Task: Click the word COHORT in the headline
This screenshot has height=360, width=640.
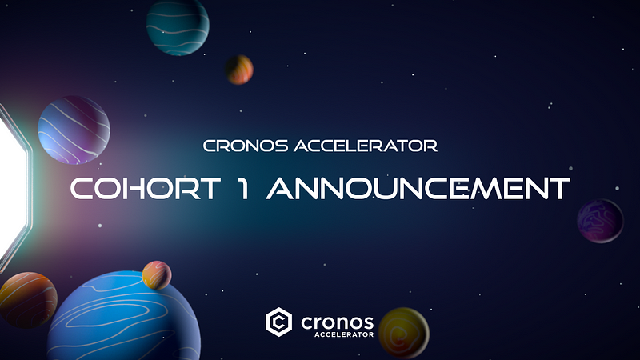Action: (x=146, y=188)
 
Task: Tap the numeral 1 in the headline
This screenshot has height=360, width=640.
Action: (x=244, y=188)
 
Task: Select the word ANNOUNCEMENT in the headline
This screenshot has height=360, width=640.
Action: (x=418, y=188)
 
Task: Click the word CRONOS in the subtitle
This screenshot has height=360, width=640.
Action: (x=246, y=146)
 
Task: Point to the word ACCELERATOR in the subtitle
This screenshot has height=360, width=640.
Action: (x=366, y=146)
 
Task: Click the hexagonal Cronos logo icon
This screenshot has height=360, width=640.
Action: (x=278, y=322)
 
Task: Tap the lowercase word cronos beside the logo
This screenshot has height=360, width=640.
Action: (x=337, y=322)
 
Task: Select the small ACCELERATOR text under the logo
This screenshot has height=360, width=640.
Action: (x=344, y=334)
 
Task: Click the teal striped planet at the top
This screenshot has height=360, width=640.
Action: (x=178, y=27)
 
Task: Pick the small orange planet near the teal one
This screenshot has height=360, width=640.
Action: (x=239, y=70)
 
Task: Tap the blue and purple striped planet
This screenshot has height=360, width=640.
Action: (x=74, y=130)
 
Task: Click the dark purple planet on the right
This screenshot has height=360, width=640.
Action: (x=600, y=221)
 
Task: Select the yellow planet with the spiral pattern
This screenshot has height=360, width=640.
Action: (x=404, y=333)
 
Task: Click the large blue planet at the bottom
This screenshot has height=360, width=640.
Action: (x=124, y=316)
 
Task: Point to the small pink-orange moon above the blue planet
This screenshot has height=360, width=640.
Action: (x=157, y=275)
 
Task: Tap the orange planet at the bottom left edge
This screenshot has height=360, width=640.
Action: (x=27, y=300)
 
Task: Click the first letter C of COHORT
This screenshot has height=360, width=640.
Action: (x=82, y=189)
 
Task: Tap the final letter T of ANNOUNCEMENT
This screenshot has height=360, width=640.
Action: (x=559, y=189)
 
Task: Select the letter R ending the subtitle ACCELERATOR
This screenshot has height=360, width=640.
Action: (x=430, y=146)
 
